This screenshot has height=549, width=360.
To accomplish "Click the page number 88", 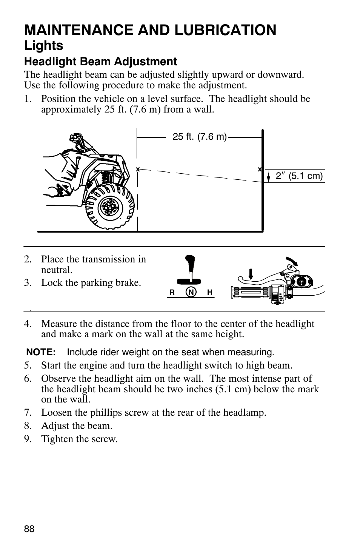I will [x=29, y=529].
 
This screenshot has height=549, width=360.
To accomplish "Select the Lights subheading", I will [x=44, y=46].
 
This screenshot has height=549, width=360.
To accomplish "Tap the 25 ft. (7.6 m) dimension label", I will [x=200, y=137].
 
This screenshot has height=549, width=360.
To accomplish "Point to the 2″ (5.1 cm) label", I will [x=299, y=176].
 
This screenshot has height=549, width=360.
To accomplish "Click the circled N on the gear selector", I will [x=192, y=292].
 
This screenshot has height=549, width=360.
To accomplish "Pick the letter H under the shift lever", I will [x=209, y=292].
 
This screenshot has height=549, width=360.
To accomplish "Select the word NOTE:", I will [x=41, y=352].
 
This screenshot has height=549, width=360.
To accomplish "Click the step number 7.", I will [x=27, y=412].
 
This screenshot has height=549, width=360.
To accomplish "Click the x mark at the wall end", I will [x=260, y=169].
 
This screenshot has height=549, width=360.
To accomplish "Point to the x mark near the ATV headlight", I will [x=138, y=169].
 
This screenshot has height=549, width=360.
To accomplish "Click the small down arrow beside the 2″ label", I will [x=268, y=176].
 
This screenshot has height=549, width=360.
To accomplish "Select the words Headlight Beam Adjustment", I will [x=101, y=62].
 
